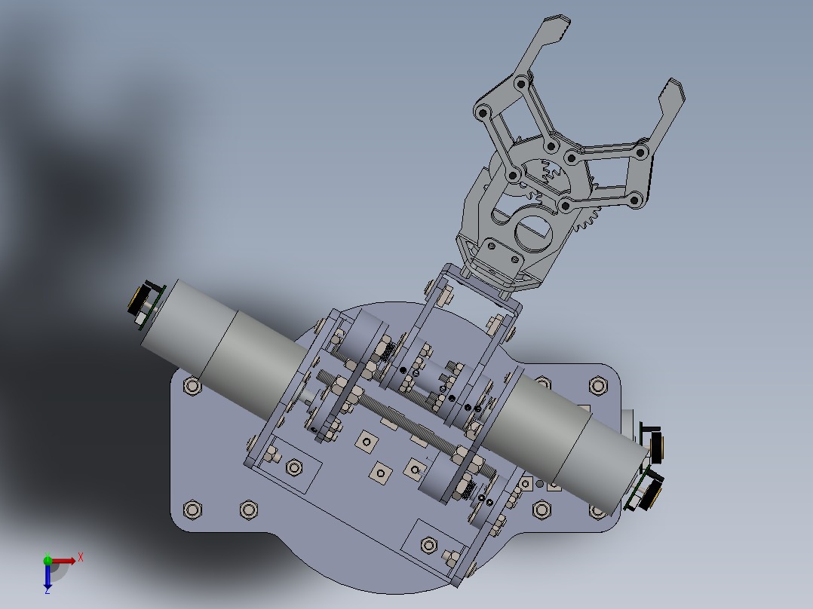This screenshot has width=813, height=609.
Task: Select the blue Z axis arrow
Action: pyautogui.click(x=48, y=577)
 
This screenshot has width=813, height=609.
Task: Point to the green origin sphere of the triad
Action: pyautogui.click(x=48, y=560)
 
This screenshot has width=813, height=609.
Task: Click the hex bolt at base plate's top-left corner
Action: pyautogui.click(x=192, y=387)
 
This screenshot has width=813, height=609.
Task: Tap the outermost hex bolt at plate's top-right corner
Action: pyautogui.click(x=599, y=386)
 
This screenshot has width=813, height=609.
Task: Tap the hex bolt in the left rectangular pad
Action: pyautogui.click(x=293, y=468)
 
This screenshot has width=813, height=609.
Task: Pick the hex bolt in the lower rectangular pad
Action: pyautogui.click(x=429, y=544)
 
